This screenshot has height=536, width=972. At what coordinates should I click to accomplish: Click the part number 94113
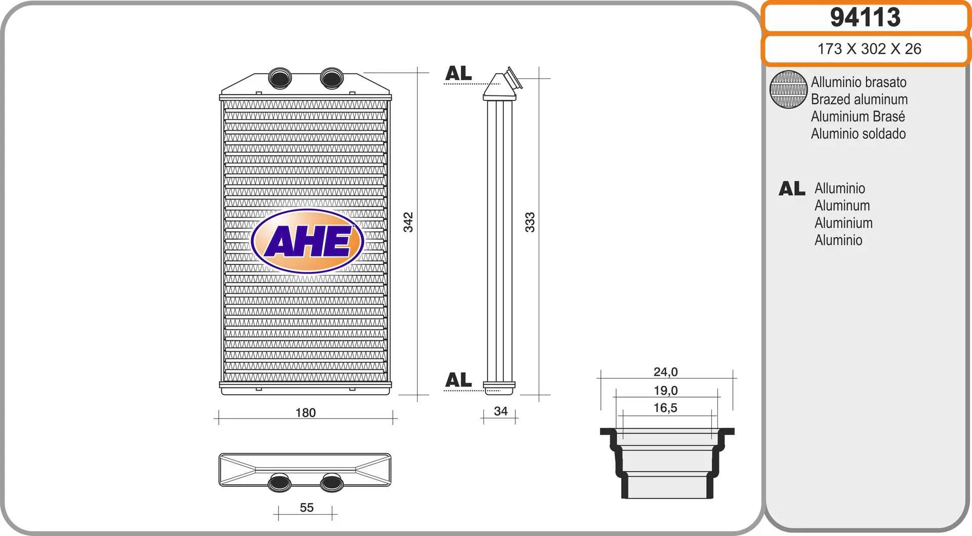point(865,17)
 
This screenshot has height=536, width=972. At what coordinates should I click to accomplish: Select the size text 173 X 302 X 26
point(869,49)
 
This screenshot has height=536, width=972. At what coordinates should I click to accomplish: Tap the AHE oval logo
point(307,241)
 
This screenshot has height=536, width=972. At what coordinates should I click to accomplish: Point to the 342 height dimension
point(408,222)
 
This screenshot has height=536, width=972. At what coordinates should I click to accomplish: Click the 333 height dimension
point(530,222)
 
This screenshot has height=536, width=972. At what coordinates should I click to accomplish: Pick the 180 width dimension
point(305,413)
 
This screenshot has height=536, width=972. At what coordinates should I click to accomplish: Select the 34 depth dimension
point(501,411)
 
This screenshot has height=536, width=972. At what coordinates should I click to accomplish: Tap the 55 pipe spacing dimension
point(306,508)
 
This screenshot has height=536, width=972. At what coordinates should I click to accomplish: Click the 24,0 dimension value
point(666,372)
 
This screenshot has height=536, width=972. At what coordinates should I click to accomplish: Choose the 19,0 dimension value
point(666,391)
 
